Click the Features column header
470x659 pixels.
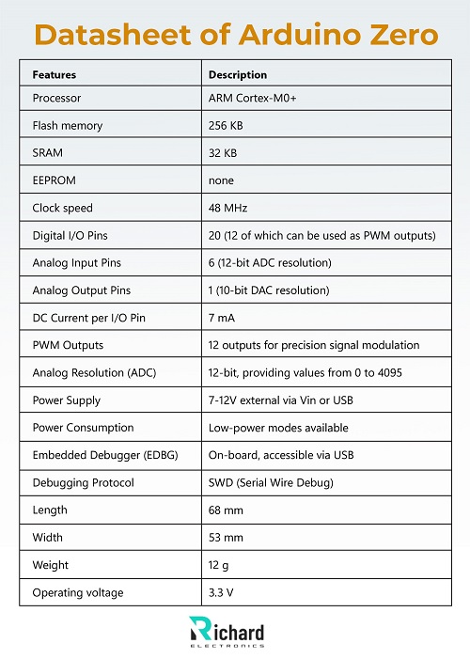click(54, 74)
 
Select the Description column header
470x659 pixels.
click(237, 74)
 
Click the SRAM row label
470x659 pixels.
click(48, 152)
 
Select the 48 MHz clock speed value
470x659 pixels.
click(227, 208)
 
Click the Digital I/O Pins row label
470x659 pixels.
click(70, 235)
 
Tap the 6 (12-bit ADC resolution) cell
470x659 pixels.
click(270, 262)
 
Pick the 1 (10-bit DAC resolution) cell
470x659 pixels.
click(269, 290)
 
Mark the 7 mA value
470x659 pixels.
click(222, 318)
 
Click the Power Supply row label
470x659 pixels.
click(66, 400)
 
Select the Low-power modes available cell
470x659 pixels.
click(278, 428)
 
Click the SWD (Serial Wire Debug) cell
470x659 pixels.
click(271, 482)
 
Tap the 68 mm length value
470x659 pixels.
click(225, 510)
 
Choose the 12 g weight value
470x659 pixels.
click(219, 565)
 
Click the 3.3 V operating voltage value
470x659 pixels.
click(222, 592)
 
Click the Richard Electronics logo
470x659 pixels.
click(227, 632)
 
